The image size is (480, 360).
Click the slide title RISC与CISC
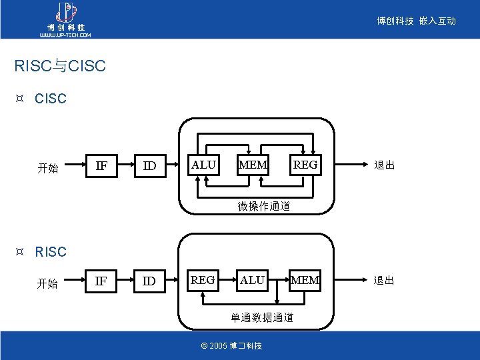coord(60,67)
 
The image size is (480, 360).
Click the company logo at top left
coord(64,19)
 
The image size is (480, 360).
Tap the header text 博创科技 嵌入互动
coord(416,21)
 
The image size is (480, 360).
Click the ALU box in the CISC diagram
coord(203,165)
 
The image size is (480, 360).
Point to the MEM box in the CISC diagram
coord(253,165)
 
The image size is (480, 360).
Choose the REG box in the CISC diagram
coord(306,165)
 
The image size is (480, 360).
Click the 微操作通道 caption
coord(264,207)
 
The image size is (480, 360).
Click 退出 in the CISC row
coord(384,165)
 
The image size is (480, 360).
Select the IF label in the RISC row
coord(101,281)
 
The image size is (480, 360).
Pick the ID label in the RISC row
coord(150,281)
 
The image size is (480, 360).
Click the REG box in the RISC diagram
coord(203,281)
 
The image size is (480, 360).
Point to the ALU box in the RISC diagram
coord(252,281)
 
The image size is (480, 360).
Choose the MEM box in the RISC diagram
coord(305,281)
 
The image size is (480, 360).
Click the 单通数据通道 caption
coord(262,317)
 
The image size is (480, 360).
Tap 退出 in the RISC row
coord(384,281)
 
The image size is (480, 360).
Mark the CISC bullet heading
coord(51,99)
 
